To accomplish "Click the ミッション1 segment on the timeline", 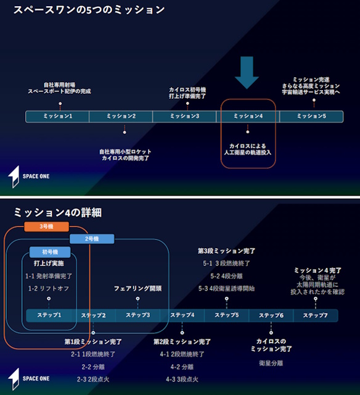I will click(x=57, y=117).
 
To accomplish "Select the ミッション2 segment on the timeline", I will click(x=121, y=117).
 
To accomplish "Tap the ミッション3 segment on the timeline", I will click(x=184, y=117).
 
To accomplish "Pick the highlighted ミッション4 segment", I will click(x=248, y=117).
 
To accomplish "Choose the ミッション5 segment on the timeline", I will click(x=311, y=117).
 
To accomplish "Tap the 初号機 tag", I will click(x=50, y=252).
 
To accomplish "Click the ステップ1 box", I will click(x=50, y=315).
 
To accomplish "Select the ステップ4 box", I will click(x=182, y=315).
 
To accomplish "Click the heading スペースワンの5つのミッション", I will click(x=89, y=10).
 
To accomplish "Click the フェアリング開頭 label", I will click(x=137, y=289).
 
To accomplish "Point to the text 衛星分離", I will click(x=271, y=363).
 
